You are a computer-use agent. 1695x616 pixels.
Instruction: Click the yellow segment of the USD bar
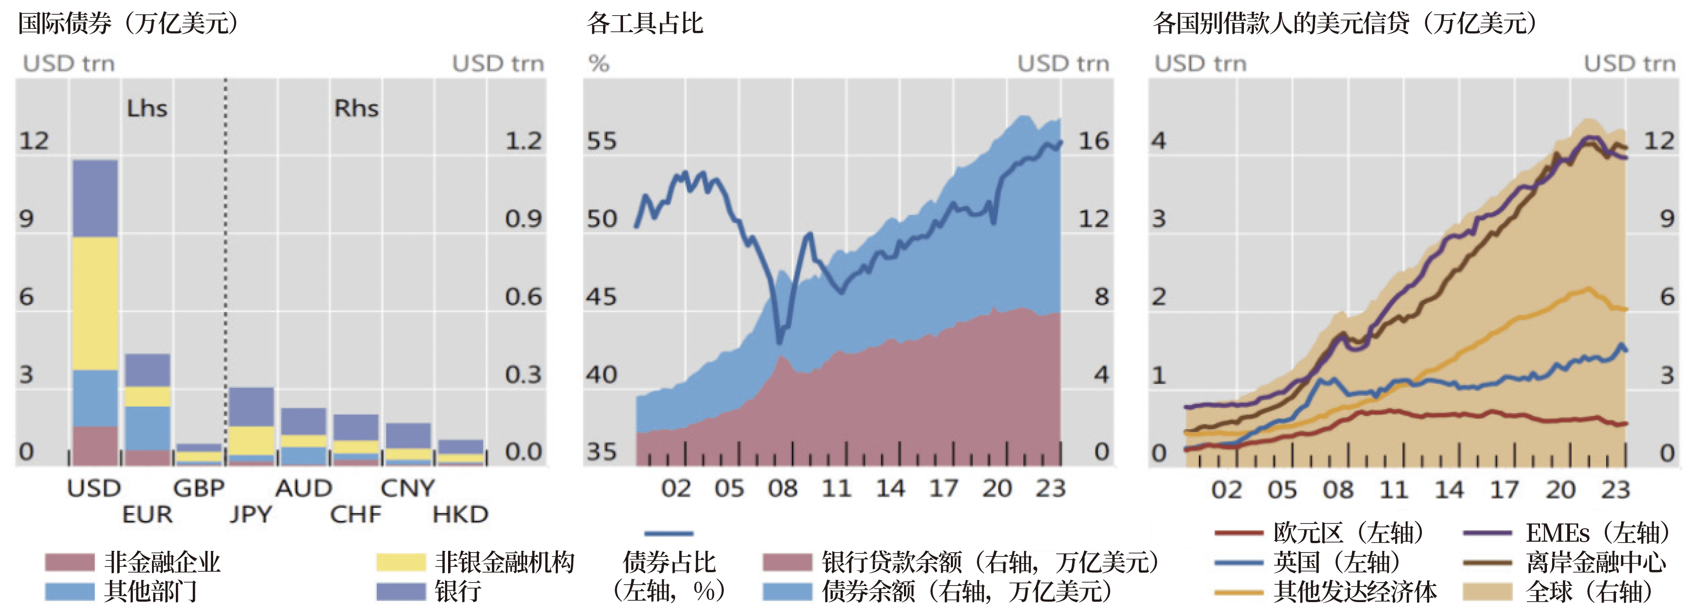(95, 303)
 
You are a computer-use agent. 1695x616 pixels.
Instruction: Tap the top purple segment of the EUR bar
(147, 370)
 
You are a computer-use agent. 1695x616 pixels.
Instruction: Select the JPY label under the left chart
(251, 514)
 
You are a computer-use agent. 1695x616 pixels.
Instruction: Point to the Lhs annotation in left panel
(147, 108)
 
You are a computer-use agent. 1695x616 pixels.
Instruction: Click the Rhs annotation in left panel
(356, 108)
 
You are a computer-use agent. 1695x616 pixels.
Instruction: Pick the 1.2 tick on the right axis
(523, 141)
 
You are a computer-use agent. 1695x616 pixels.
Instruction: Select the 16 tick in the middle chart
(1093, 141)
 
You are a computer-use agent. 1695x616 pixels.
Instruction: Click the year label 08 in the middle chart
(782, 488)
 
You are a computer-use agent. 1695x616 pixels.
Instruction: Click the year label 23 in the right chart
(1616, 490)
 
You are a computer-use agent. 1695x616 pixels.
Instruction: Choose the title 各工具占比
(645, 24)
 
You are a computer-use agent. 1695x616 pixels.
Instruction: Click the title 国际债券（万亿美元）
(129, 24)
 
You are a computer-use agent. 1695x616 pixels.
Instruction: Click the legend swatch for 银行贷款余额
(787, 562)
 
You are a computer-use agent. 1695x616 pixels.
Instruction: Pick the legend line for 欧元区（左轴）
(1238, 533)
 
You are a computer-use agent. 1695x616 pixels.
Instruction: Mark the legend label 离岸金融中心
(1596, 562)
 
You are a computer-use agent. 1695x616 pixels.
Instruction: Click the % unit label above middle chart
(599, 64)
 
